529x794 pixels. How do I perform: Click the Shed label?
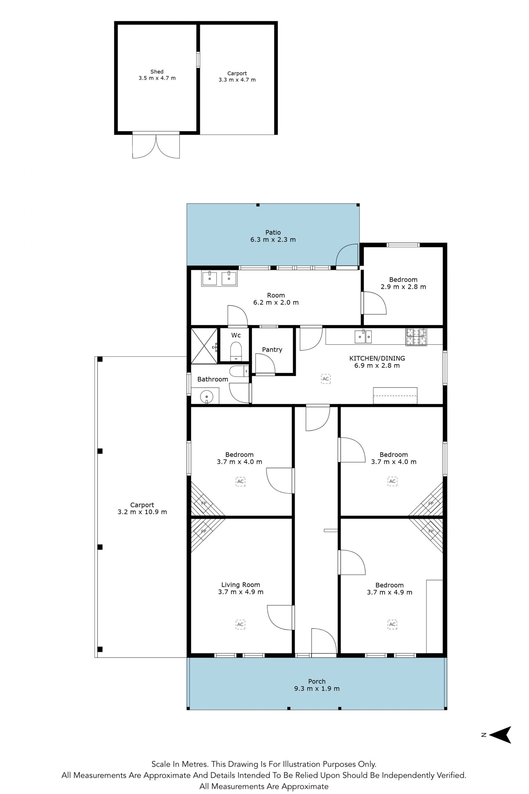(x=157, y=72)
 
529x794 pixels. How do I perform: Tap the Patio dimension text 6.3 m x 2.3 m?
(x=273, y=240)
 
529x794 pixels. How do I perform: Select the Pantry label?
(x=272, y=350)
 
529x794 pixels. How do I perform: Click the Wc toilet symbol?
(x=236, y=351)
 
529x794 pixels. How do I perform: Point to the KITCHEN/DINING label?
(x=377, y=358)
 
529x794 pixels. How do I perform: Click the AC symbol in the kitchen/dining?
(x=326, y=379)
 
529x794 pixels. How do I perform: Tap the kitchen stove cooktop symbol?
(x=416, y=337)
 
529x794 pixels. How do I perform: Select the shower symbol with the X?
(x=204, y=345)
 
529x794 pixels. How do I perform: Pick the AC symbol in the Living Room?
(x=240, y=624)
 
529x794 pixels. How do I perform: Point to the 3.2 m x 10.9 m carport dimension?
(x=142, y=512)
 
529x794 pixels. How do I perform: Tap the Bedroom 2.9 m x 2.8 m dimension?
(x=403, y=287)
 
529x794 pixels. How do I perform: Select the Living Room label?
(x=241, y=585)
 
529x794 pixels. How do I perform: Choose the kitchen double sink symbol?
(x=363, y=337)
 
